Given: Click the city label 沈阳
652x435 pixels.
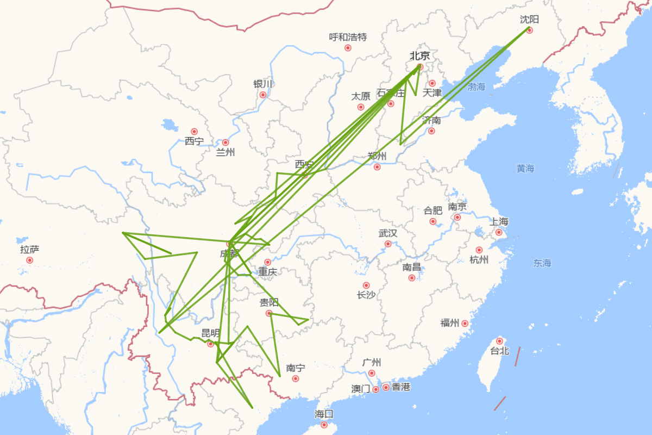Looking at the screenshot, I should click(529, 20).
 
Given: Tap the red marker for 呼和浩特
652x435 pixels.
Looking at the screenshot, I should click(348, 48).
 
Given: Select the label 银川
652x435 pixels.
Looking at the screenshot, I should click(263, 84).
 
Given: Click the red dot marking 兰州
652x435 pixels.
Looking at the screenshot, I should click(225, 142).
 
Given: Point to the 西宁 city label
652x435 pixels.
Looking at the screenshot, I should click(194, 141).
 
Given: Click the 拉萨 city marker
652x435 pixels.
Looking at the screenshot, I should click(29, 260).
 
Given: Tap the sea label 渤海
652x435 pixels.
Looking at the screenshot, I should click(477, 86).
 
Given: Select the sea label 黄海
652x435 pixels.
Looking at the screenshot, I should click(525, 169).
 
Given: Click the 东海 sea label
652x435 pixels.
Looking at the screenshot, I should click(542, 263).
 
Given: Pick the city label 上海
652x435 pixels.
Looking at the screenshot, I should click(499, 221).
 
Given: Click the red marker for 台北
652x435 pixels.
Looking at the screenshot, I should click(499, 341).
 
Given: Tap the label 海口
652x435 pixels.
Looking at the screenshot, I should click(324, 414).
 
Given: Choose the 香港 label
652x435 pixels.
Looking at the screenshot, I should click(401, 387).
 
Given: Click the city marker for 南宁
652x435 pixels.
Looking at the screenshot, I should click(296, 378).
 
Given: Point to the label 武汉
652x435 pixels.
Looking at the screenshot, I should click(388, 233).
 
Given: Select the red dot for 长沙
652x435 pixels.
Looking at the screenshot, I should click(366, 285).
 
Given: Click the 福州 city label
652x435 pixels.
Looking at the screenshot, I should click(450, 323).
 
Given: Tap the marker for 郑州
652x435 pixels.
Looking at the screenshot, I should click(377, 167).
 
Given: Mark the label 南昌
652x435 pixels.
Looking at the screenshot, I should click(412, 267).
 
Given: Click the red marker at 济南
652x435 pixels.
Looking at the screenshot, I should click(431, 131).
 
